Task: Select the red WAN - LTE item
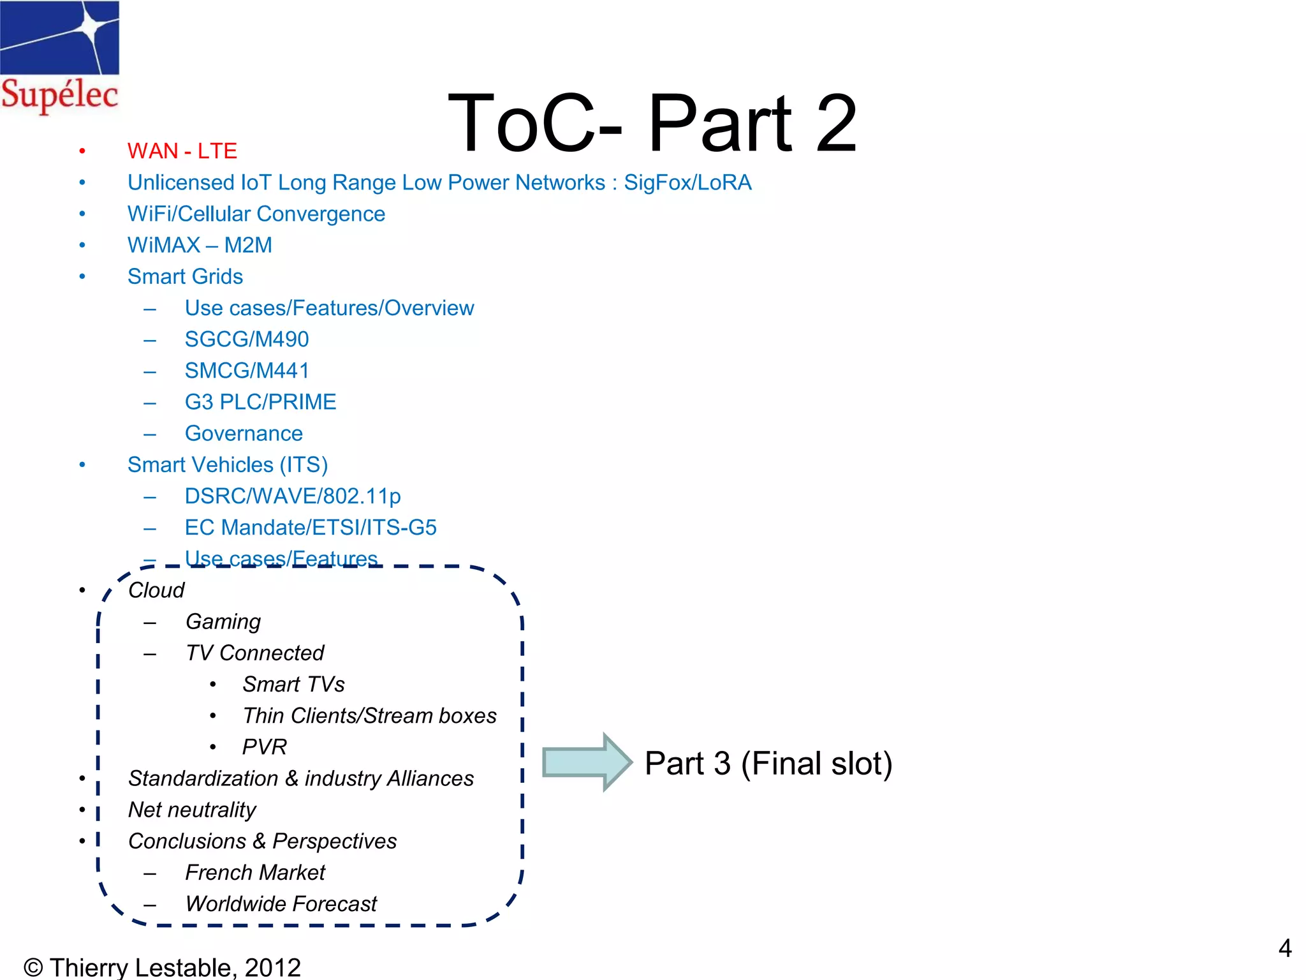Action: pyautogui.click(x=182, y=151)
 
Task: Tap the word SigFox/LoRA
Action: pyautogui.click(x=687, y=182)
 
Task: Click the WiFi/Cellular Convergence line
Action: pyautogui.click(x=256, y=214)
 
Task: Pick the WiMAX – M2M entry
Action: pyautogui.click(x=200, y=245)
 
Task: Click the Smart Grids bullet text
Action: pyautogui.click(x=185, y=276)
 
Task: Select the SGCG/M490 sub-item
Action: pyautogui.click(x=246, y=339)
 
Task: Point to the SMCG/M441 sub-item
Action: pyautogui.click(x=246, y=370)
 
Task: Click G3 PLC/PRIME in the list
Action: pyautogui.click(x=260, y=402)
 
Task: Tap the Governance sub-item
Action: pyautogui.click(x=244, y=433)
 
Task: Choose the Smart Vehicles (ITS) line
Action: pyautogui.click(x=227, y=464)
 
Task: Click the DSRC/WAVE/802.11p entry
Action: pyautogui.click(x=292, y=496)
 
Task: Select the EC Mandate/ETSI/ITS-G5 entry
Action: pyautogui.click(x=310, y=528)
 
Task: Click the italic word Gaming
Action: pyautogui.click(x=223, y=621)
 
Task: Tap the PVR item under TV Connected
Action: pyautogui.click(x=264, y=746)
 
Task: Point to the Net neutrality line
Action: pyautogui.click(x=192, y=810)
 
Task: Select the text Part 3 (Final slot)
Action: pyautogui.click(x=768, y=763)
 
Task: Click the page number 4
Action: pyautogui.click(x=1284, y=948)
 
